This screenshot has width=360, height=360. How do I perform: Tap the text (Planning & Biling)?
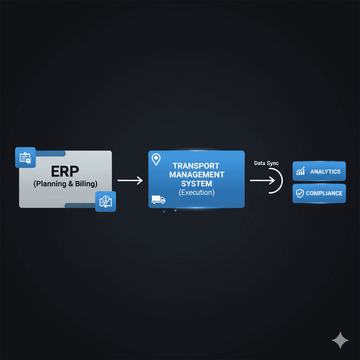[x=65, y=184]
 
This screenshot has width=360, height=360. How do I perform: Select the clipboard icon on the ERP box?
[x=25, y=157]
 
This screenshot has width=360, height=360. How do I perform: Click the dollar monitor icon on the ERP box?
[x=105, y=201]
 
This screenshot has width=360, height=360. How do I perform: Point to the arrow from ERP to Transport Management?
[x=130, y=181]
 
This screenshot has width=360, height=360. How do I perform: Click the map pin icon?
[x=156, y=159]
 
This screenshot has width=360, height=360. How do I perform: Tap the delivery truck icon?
[x=158, y=200]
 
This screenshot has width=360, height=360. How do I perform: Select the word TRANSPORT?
[x=196, y=166]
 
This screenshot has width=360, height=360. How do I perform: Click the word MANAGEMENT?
[x=197, y=174]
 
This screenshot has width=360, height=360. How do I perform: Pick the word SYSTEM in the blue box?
[x=197, y=183]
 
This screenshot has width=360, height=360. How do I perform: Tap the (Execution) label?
[x=197, y=192]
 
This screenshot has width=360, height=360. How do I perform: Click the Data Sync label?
[x=266, y=163]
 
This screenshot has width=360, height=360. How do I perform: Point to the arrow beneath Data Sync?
[x=262, y=181]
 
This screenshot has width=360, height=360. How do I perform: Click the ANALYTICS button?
[x=319, y=172]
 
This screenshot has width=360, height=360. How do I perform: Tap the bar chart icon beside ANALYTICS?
[x=301, y=172]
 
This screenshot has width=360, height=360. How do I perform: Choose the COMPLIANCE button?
[x=319, y=193]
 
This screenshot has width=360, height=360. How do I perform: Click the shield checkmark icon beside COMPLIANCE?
[x=300, y=193]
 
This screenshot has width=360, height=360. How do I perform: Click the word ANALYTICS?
[x=325, y=172]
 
